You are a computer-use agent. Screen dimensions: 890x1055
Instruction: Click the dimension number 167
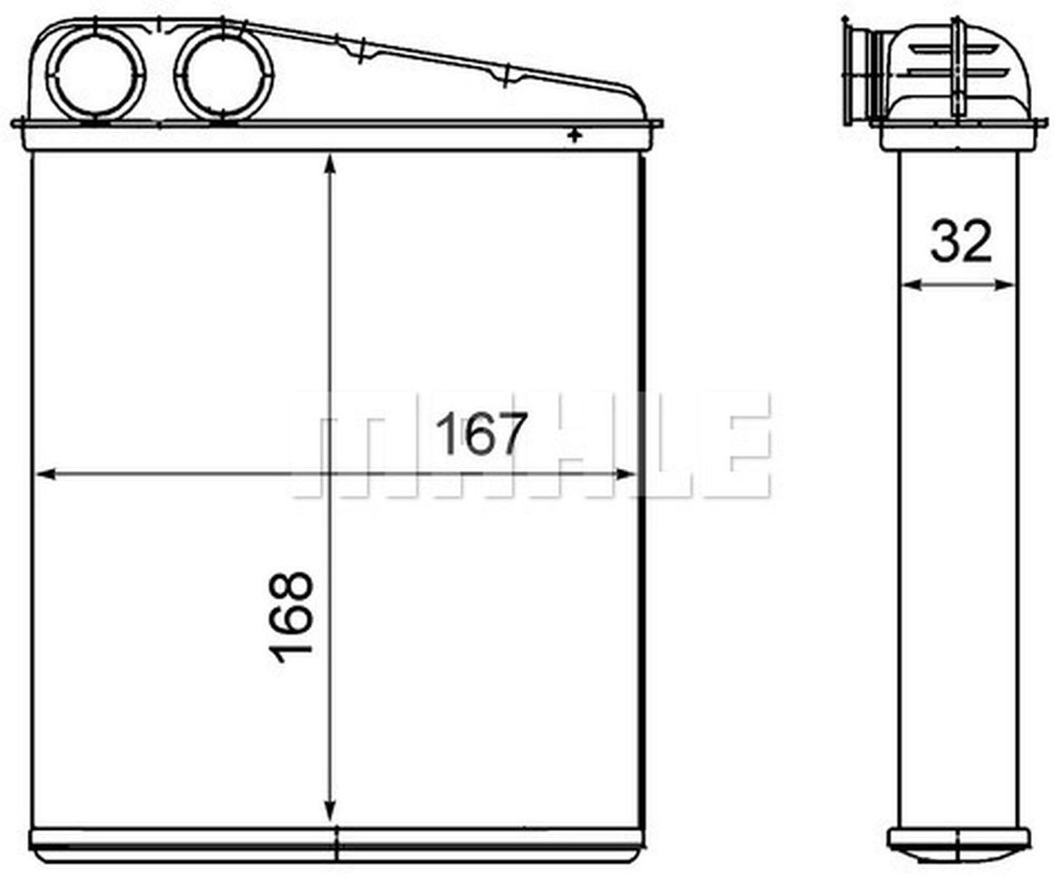481,433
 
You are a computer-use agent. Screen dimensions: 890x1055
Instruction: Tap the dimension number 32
960,241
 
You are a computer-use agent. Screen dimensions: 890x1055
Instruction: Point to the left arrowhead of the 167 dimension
45,474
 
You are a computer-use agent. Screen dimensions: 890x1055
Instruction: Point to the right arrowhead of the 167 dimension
628,474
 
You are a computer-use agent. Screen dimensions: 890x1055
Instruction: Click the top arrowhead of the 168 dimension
331,162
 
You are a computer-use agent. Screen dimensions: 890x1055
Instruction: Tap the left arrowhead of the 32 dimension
909,284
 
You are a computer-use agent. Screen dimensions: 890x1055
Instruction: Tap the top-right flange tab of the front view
656,125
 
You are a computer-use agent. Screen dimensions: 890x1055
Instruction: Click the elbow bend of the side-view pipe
1001,62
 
